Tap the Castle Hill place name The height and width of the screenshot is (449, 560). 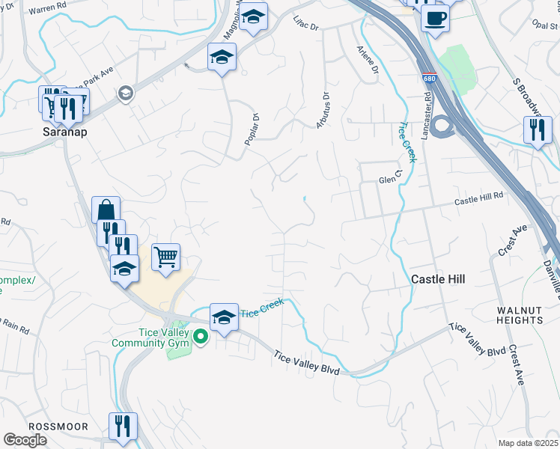click(438, 279)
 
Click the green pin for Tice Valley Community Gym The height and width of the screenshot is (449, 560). click(200, 337)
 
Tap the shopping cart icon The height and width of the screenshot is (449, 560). click(166, 257)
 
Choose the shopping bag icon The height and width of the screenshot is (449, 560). click(106, 210)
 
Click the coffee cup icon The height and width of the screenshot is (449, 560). click(434, 18)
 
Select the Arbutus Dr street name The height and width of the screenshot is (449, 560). click(323, 109)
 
